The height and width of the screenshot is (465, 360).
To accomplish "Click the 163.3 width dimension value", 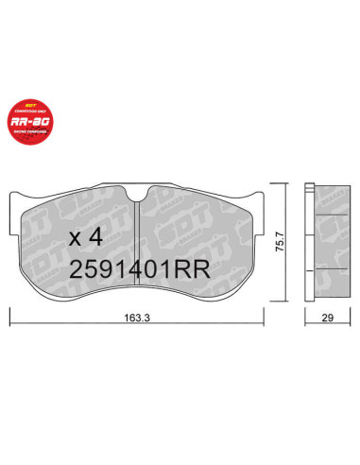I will pyautogui.click(x=146, y=319).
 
